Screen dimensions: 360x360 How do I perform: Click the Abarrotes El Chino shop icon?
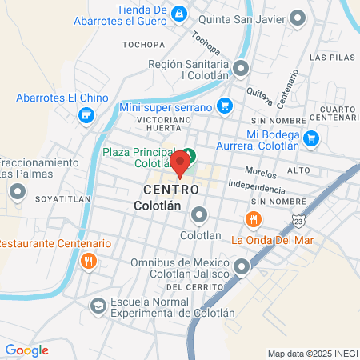click(x=86, y=115)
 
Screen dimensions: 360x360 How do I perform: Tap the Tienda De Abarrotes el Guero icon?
click(x=179, y=14)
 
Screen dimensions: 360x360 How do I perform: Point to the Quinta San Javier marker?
click(x=298, y=16)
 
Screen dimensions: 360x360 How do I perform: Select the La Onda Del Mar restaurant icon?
click(x=254, y=219)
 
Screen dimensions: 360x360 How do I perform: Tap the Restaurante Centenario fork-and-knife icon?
click(x=89, y=260)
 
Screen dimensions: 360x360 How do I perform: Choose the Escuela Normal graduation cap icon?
click(x=97, y=306)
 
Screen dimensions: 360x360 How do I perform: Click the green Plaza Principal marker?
click(x=190, y=154)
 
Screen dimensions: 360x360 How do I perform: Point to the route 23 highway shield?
click(x=298, y=220)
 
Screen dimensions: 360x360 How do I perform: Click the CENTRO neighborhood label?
click(x=171, y=190)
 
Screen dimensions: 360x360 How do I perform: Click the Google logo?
click(x=26, y=350)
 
